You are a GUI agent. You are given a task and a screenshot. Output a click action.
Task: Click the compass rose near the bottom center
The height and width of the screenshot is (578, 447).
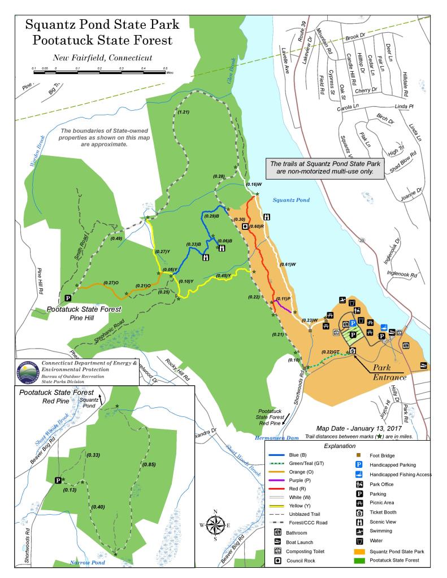tap(215, 525)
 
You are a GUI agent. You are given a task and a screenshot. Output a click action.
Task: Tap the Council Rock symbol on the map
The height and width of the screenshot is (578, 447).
tap(245, 227)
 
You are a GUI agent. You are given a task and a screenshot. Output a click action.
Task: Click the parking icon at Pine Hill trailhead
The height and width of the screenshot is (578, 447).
tap(68, 298)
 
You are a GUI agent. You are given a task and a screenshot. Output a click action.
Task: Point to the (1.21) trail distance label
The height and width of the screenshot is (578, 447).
tap(183, 113)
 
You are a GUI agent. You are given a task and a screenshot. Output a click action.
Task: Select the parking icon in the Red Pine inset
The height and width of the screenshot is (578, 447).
tap(58, 480)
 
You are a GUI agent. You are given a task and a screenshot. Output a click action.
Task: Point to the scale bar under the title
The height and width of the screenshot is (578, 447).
tap(99, 72)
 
